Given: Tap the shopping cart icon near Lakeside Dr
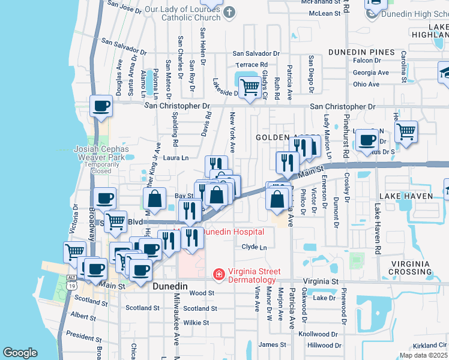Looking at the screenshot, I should click(x=250, y=87).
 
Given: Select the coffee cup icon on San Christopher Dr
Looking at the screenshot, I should click(x=100, y=106).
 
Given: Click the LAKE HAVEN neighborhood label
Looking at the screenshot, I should click(x=411, y=196).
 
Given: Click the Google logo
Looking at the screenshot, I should click(x=20, y=352).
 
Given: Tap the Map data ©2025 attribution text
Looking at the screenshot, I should click(x=423, y=355).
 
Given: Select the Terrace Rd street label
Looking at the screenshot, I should click(x=252, y=65).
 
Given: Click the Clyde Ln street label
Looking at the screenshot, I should click(x=254, y=247).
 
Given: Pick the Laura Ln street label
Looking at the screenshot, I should click(x=176, y=158).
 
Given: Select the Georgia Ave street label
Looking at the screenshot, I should click(x=370, y=73).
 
